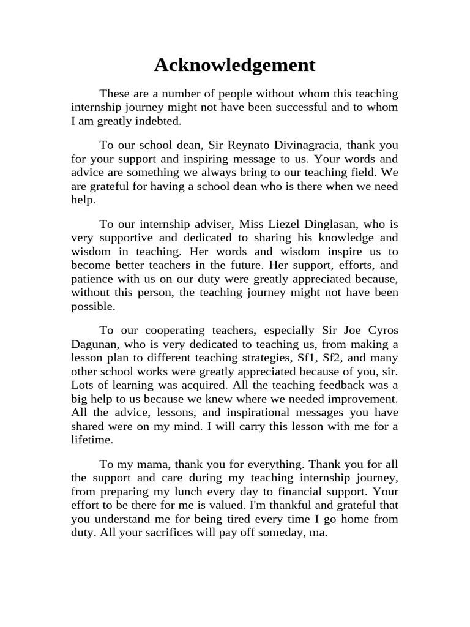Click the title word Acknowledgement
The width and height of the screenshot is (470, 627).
pyautogui.click(x=235, y=65)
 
